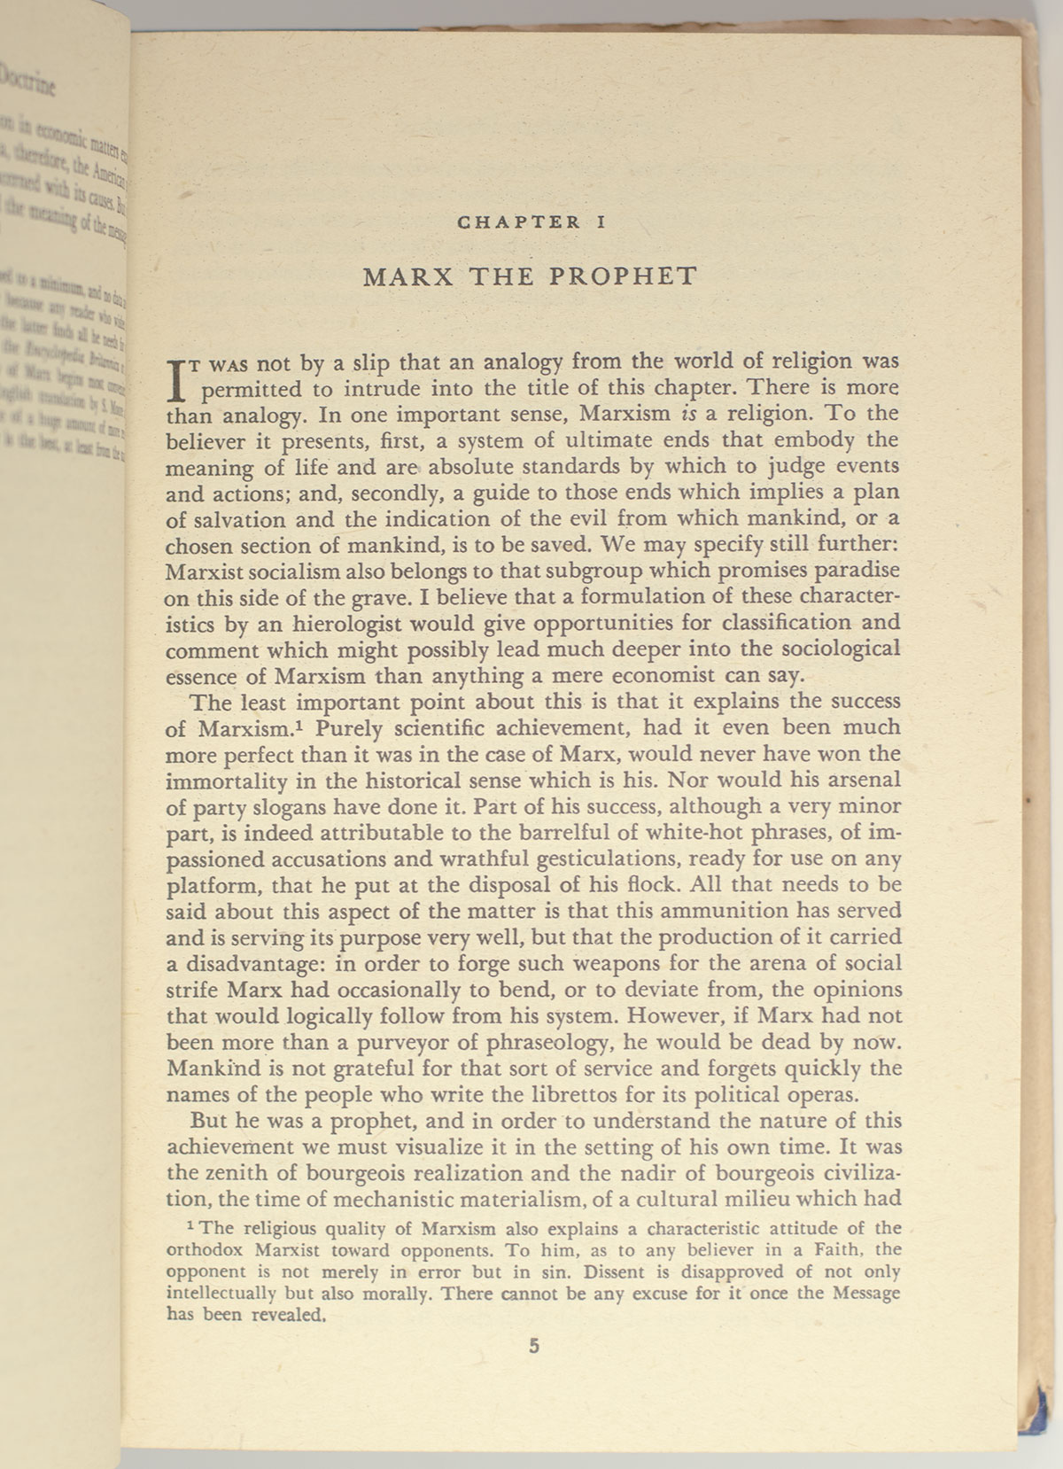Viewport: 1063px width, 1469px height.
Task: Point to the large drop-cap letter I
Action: click(x=177, y=377)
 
